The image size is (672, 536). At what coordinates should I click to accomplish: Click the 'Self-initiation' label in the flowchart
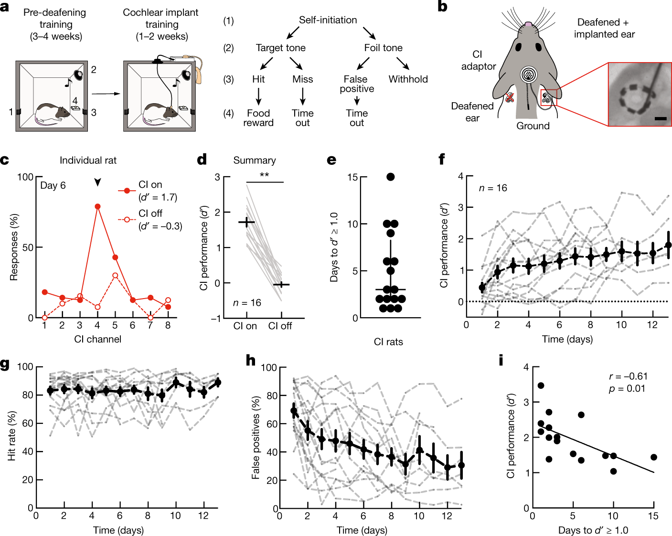point(328,20)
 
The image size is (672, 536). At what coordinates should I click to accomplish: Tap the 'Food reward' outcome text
point(258,118)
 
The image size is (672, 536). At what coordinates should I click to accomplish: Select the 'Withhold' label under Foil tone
point(408,79)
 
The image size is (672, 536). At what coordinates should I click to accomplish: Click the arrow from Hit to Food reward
point(258,96)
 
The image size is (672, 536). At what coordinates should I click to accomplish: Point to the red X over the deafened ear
point(510,97)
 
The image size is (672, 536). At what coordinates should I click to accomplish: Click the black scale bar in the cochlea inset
point(661,118)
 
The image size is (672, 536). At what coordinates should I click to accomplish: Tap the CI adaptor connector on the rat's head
point(528,75)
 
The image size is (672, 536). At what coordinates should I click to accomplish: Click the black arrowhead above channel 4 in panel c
point(98,182)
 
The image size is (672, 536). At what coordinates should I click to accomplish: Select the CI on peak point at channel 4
point(98,206)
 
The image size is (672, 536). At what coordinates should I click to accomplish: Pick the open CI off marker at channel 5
point(115,276)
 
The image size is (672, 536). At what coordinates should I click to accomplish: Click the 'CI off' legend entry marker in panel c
point(127,220)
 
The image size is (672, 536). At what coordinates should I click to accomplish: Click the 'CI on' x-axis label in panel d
point(245,326)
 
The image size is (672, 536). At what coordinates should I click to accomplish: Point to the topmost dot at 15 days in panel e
point(391,177)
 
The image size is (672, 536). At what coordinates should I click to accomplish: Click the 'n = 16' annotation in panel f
point(493,188)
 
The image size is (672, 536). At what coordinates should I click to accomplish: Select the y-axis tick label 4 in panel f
point(460,176)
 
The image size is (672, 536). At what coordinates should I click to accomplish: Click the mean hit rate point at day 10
point(176,382)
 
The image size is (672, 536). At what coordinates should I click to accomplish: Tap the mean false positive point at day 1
point(294,411)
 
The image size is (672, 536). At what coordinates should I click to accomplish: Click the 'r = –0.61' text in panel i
point(628,376)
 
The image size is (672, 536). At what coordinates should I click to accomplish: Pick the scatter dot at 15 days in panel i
point(654,457)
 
